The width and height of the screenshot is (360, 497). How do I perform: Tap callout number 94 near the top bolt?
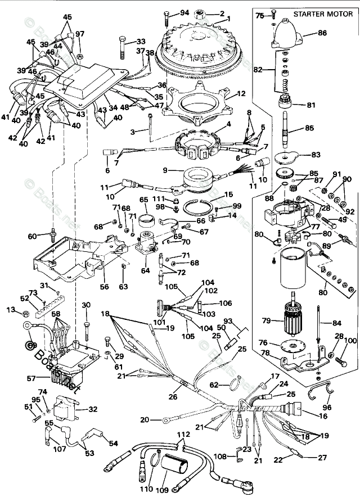tap(184, 13)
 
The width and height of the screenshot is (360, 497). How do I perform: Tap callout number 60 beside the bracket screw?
tap(31, 236)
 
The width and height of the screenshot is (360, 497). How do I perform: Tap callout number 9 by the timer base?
tap(165, 169)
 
